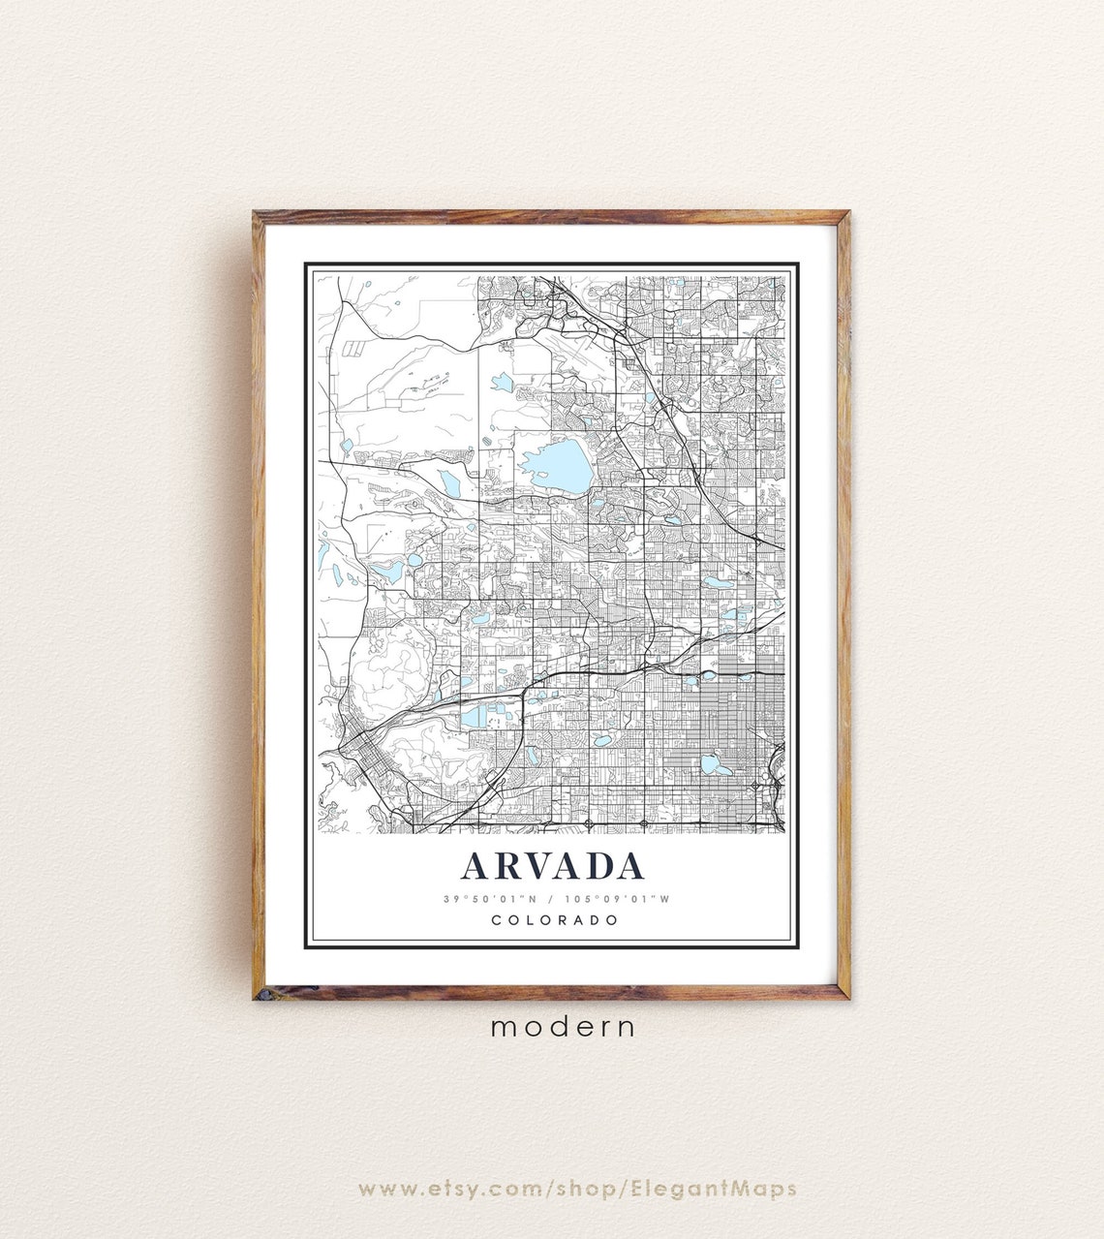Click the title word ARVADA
coord(552,866)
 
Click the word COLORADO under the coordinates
coord(554,920)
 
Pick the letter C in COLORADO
coord(497,920)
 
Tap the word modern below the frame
coord(564,1027)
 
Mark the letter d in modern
coord(565,1026)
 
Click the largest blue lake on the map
coord(555,466)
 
